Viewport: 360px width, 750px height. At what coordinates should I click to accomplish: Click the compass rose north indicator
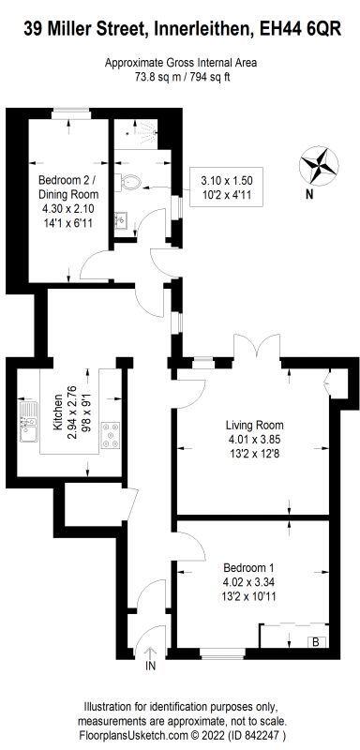tap(320, 165)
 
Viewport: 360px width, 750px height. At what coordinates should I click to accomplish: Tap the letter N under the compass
tap(308, 195)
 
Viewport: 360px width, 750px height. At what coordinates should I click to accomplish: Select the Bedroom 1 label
tap(248, 567)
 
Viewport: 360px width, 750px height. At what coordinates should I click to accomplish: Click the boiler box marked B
tap(315, 642)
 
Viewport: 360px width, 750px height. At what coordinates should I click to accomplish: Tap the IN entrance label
tap(150, 667)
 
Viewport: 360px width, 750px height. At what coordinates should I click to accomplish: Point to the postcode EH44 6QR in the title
tap(304, 30)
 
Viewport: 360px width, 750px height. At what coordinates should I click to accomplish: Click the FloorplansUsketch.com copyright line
tap(180, 736)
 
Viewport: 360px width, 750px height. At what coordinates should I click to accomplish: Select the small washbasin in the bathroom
tap(121, 222)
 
